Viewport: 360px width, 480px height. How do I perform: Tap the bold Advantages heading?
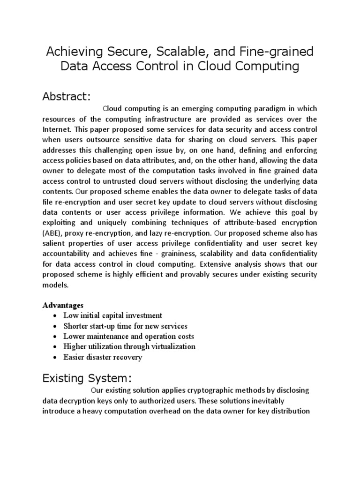tap(63, 305)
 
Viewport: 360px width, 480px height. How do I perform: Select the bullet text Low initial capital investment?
tap(113, 315)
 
